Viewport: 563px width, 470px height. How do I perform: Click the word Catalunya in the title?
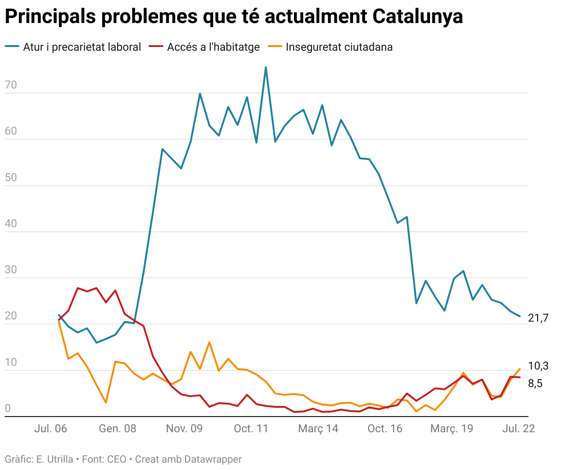click(x=417, y=17)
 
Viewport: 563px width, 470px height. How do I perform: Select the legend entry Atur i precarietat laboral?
click(x=82, y=47)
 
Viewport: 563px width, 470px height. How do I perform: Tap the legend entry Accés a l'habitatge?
click(x=213, y=47)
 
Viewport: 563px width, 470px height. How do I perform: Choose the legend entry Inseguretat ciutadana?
click(x=339, y=47)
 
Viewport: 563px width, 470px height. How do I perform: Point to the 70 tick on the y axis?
click(x=11, y=85)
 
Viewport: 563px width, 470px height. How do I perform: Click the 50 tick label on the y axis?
click(x=11, y=178)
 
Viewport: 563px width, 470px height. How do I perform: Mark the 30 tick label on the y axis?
click(x=11, y=270)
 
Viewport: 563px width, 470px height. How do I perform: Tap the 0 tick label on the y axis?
click(x=7, y=409)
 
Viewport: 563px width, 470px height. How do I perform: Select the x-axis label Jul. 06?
click(x=50, y=429)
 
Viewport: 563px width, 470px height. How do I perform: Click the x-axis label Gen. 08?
click(x=118, y=429)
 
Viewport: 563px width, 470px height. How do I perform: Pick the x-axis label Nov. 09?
click(x=184, y=429)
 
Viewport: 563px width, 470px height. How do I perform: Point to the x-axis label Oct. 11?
click(x=251, y=429)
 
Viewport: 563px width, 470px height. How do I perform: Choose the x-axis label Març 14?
click(x=318, y=429)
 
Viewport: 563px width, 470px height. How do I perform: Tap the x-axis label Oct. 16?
click(x=385, y=429)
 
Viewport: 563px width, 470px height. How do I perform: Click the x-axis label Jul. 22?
click(x=518, y=429)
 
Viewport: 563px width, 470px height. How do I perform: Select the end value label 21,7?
click(x=538, y=318)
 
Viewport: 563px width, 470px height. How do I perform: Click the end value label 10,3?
click(x=538, y=366)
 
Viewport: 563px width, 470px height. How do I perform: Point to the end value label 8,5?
click(x=535, y=383)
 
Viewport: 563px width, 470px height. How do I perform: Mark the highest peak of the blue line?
click(x=266, y=67)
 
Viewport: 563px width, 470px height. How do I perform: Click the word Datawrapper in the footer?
click(x=213, y=459)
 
